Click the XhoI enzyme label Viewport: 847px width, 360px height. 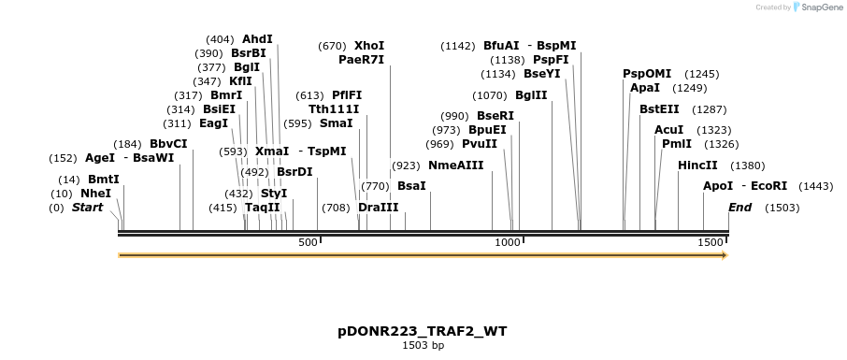369,45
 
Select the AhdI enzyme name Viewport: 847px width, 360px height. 257,39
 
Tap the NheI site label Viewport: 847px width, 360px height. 95,193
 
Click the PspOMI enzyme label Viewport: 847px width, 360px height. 647,73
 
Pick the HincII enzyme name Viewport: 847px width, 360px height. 697,166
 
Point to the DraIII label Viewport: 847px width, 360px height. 378,208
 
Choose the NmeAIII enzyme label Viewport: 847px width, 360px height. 455,166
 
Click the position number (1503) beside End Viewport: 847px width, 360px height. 782,208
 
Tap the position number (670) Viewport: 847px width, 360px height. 332,45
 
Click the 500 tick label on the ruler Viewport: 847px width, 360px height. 308,243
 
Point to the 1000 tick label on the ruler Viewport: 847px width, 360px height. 508,243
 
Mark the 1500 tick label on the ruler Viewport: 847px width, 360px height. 711,243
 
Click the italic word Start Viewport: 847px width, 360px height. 87,208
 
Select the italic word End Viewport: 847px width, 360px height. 739,208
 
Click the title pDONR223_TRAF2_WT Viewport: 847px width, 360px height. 423,332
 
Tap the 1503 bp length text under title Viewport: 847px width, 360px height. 423,346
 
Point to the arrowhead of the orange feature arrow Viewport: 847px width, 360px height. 723,254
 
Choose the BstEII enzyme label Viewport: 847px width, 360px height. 659,109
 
